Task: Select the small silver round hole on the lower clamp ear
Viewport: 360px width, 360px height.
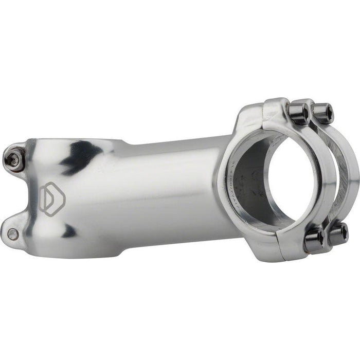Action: point(13,235)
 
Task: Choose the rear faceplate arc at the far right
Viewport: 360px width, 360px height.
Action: point(353,170)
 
